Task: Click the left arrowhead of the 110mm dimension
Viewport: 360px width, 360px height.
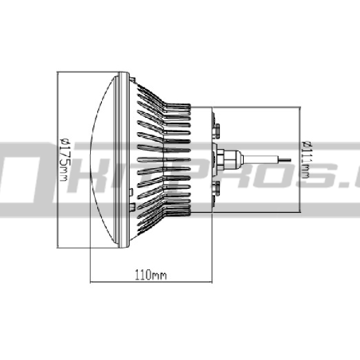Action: [x=92, y=281]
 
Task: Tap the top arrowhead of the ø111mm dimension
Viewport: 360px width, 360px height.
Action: [x=300, y=108]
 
